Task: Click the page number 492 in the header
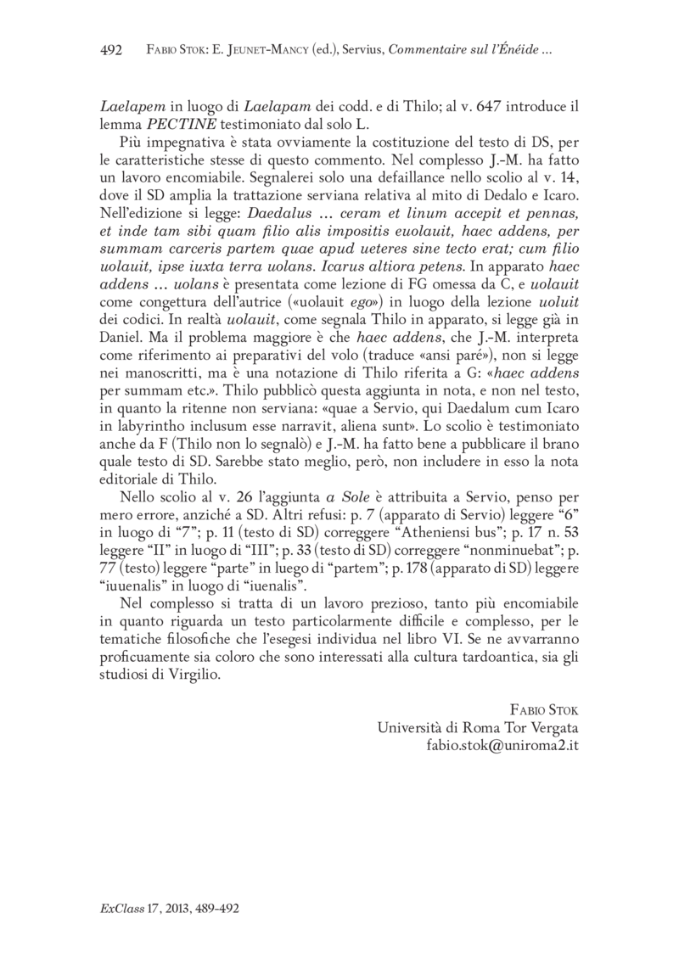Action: pos(111,51)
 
